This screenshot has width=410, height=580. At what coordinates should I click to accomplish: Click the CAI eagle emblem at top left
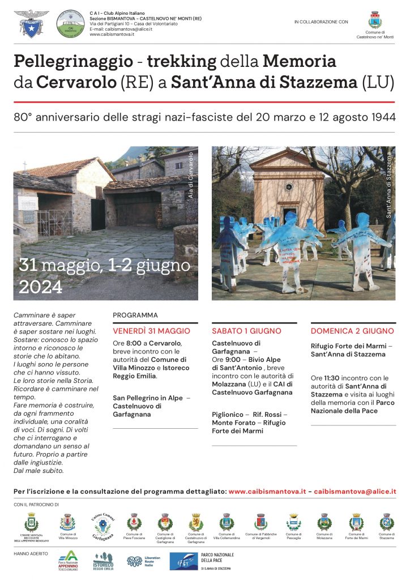pyautogui.click(x=31, y=23)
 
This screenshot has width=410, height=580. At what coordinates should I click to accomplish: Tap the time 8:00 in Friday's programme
pyautogui.click(x=134, y=343)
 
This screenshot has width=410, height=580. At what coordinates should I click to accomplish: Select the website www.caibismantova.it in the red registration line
pyautogui.click(x=267, y=492)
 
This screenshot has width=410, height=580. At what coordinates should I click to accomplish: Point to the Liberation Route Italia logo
pyautogui.click(x=143, y=561)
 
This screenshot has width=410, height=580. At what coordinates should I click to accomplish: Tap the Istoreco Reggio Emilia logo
pyautogui.click(x=103, y=561)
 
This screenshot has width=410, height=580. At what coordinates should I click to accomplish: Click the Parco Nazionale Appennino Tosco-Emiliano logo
pyautogui.click(x=67, y=560)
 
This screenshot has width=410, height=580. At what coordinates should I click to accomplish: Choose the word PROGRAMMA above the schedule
pyautogui.click(x=135, y=315)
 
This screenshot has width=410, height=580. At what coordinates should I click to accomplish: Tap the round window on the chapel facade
pyautogui.click(x=289, y=186)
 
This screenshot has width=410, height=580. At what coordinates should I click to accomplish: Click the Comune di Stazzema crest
pyautogui.click(x=386, y=522)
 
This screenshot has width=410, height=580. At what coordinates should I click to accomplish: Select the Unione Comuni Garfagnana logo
pyautogui.click(x=102, y=524)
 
